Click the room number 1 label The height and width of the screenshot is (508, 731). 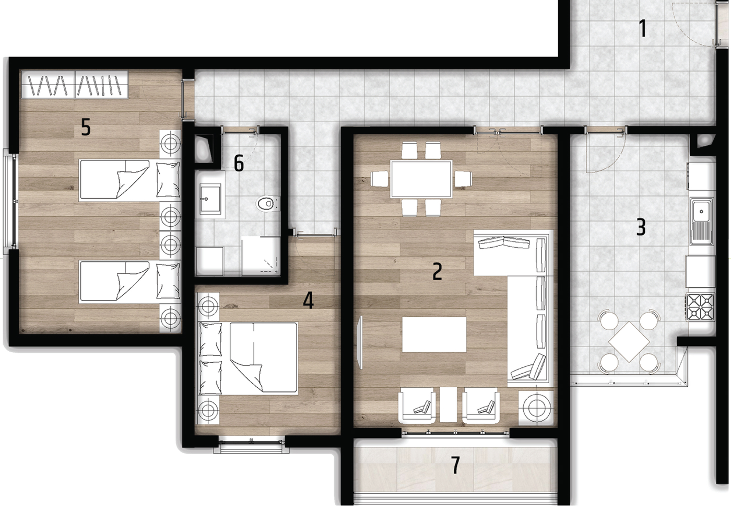tap(643, 28)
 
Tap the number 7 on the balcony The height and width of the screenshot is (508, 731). tap(455, 465)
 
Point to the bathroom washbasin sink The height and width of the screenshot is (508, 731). tap(210, 199)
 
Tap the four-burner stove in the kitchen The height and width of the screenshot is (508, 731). tap(701, 307)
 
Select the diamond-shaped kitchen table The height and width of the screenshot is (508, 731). tap(629, 342)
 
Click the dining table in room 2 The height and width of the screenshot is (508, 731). tap(421, 179)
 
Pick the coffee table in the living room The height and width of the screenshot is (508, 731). tap(434, 334)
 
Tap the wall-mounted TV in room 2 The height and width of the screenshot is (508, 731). tap(361, 342)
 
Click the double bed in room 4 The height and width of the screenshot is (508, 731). tap(249, 358)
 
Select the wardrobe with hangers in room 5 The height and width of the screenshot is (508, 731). tap(74, 84)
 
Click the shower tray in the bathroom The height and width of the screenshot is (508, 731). tap(261, 256)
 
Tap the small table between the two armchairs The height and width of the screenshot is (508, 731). tap(449, 405)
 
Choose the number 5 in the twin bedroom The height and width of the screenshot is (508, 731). tap(86, 127)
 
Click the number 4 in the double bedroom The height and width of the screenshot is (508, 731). tap(309, 300)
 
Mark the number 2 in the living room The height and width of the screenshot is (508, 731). tap(438, 271)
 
